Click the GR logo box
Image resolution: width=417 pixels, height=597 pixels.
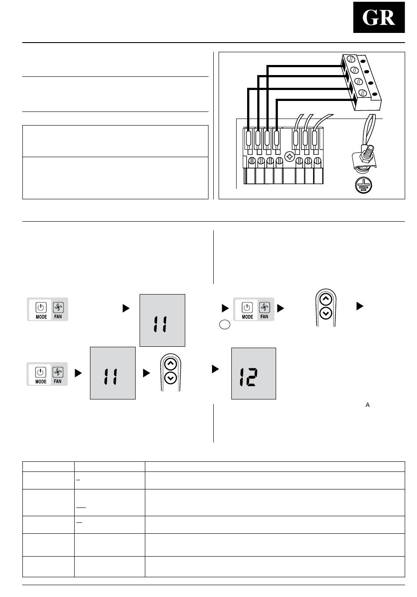coord(379,17)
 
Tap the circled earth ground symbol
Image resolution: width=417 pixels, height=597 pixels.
coord(363,185)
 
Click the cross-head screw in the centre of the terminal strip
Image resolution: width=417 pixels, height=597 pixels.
coord(289,156)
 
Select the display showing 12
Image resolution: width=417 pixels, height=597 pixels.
coord(253,374)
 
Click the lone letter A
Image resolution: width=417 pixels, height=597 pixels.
coord(367,405)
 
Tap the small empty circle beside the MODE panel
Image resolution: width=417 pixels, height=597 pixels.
coord(225,324)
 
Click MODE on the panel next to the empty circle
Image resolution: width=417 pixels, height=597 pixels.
coord(247,316)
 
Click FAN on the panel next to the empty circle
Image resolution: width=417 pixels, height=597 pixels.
coord(264,316)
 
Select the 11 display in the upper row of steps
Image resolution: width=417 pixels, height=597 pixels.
coord(162,320)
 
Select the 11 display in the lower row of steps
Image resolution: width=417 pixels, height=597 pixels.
coord(113,373)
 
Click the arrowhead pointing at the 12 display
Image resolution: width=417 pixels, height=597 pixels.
coord(215,369)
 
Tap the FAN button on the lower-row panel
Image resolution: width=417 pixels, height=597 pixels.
coord(58,374)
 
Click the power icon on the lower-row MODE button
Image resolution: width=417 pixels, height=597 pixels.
coord(40,372)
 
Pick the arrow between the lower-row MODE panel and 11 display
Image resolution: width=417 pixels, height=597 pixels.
coord(78,373)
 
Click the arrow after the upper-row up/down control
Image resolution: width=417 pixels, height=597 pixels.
coord(360,306)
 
